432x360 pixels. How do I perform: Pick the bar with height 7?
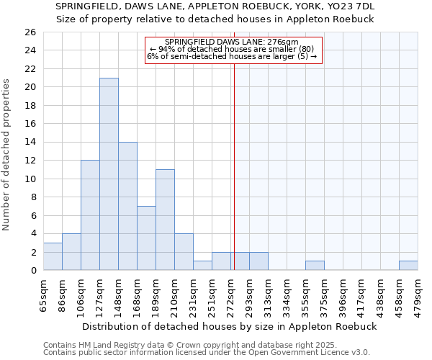146,238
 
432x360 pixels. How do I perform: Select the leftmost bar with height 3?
53,256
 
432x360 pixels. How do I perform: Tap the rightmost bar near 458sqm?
408,266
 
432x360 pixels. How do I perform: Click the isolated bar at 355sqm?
315,266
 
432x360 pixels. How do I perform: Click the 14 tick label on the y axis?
30,143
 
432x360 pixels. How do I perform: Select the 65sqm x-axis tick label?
43,293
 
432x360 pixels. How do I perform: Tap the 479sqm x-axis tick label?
418,294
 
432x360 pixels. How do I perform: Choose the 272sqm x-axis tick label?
231,294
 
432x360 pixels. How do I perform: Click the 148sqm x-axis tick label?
118,294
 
